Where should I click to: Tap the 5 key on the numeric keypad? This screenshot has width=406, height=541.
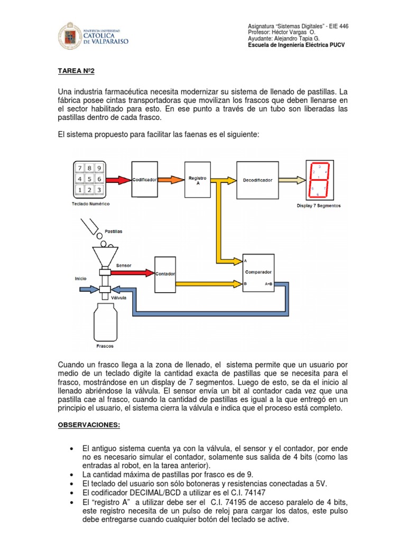click(90, 179)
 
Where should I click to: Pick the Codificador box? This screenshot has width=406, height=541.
click(144, 180)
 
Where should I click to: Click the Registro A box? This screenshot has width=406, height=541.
click(197, 179)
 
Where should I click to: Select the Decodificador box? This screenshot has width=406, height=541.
click(257, 180)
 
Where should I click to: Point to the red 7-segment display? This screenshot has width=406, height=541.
click(319, 180)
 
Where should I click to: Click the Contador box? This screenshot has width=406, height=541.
click(165, 274)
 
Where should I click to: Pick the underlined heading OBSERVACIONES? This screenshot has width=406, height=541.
click(88, 425)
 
